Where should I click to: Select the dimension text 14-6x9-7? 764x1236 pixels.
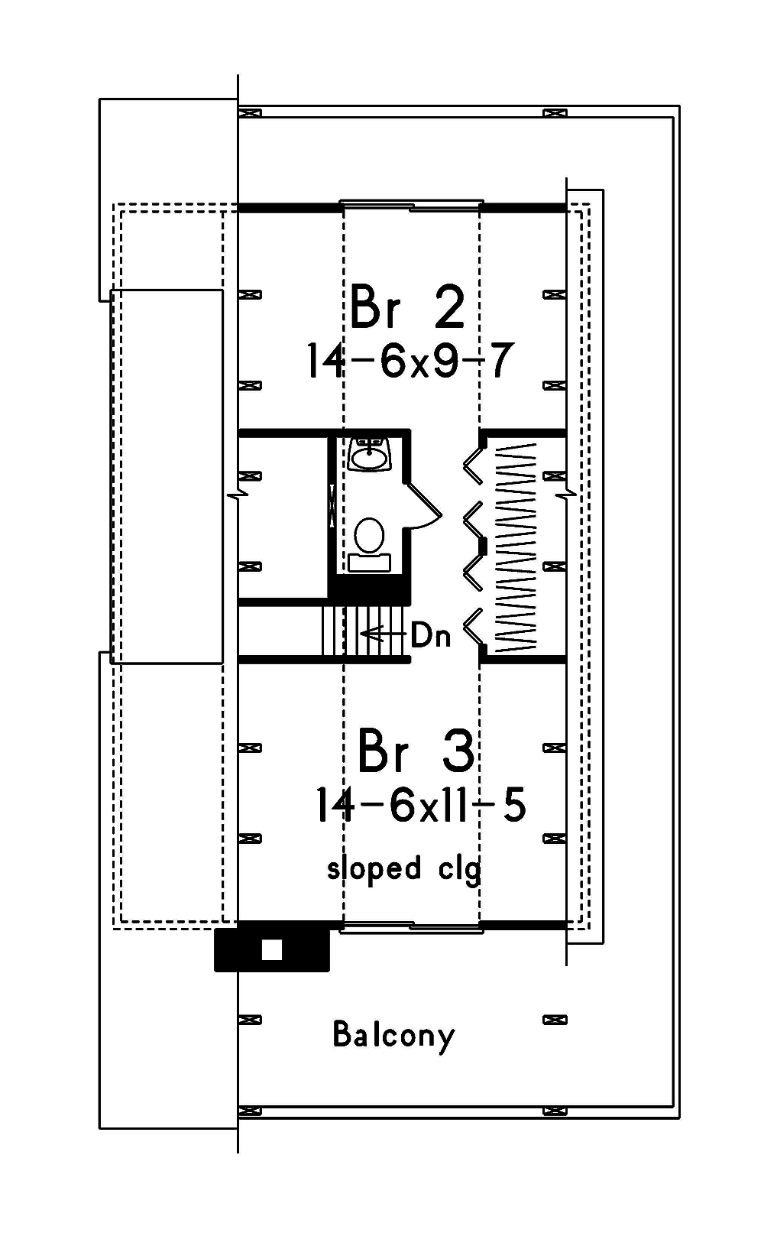[410, 361]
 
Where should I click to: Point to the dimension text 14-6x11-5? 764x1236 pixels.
[420, 806]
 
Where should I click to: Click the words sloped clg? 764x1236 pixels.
[404, 869]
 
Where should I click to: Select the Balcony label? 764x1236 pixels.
[393, 1035]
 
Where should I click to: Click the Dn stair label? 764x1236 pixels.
[431, 635]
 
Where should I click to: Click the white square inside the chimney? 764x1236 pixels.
[272, 949]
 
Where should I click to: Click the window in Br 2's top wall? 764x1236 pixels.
[411, 206]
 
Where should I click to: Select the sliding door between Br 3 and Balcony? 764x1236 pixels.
[411, 927]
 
